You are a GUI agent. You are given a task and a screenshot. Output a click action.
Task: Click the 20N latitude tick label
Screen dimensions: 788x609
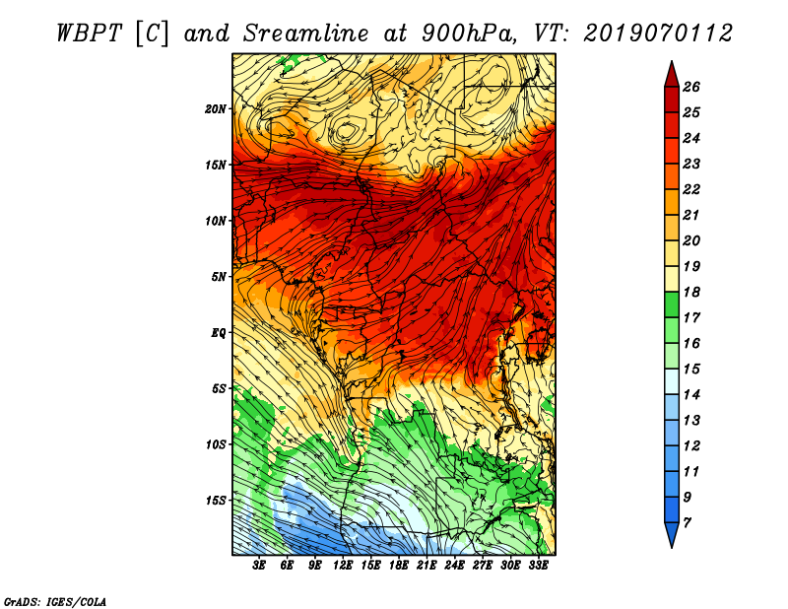pyautogui.click(x=216, y=108)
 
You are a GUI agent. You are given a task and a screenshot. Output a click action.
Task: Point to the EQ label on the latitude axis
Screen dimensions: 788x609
pyautogui.click(x=219, y=332)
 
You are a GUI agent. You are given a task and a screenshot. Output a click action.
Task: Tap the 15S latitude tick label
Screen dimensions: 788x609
pyautogui.click(x=216, y=501)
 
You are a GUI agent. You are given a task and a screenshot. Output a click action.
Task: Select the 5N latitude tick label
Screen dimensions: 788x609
pyautogui.click(x=219, y=277)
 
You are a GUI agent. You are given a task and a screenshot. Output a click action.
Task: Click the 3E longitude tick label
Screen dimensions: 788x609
pyautogui.click(x=259, y=566)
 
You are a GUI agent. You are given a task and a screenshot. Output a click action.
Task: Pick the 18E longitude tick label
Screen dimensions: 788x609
pyautogui.click(x=399, y=566)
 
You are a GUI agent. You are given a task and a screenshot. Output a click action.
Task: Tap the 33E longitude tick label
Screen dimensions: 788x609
pyautogui.click(x=538, y=566)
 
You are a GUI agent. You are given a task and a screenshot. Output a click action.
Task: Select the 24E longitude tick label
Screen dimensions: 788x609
pyautogui.click(x=454, y=566)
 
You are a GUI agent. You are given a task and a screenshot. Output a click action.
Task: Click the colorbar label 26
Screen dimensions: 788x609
pyautogui.click(x=691, y=87)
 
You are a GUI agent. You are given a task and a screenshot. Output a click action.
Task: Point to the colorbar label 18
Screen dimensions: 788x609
pyautogui.click(x=691, y=292)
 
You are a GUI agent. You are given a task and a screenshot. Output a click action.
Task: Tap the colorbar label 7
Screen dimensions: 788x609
pyautogui.click(x=687, y=523)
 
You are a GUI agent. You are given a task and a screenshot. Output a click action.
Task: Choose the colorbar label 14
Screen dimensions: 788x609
pyautogui.click(x=691, y=395)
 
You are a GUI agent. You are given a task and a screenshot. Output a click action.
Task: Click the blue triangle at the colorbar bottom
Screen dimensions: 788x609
pyautogui.click(x=672, y=533)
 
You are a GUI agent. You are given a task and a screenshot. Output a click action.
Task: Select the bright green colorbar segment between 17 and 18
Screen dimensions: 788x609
pyautogui.click(x=672, y=304)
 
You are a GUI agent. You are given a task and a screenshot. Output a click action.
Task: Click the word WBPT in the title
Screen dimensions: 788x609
pyautogui.click(x=90, y=34)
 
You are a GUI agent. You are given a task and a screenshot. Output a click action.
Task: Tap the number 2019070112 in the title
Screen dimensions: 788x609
pyautogui.click(x=658, y=34)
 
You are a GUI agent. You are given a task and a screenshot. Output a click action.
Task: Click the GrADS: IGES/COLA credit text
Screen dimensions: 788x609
pyautogui.click(x=55, y=601)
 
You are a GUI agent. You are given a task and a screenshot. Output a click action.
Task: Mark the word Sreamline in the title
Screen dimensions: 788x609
pyautogui.click(x=306, y=34)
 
